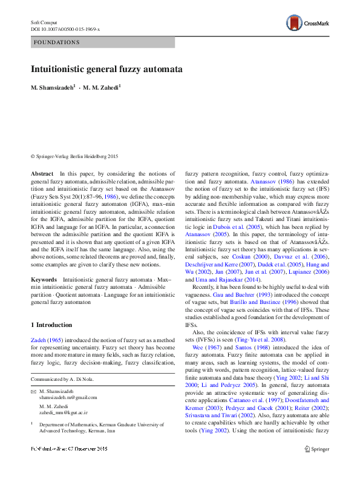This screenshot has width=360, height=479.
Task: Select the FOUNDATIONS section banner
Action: click(103, 42)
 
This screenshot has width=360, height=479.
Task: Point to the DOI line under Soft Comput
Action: click(65, 28)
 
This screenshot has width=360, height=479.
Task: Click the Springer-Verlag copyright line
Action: click(74, 156)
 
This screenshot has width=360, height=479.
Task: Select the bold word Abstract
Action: click(42, 173)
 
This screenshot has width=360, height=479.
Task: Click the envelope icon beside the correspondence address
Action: click(33, 391)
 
